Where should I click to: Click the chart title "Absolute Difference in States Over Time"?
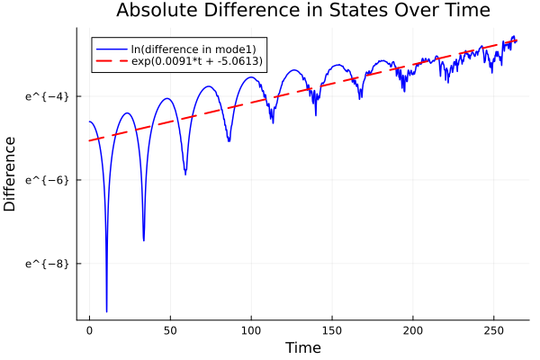pos(302,12)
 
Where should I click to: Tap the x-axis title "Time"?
pos(302,347)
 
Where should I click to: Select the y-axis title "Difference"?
pos(10,174)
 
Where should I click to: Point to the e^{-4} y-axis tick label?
pos(45,96)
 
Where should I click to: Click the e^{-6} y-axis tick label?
pos(45,180)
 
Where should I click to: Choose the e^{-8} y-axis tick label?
pos(45,264)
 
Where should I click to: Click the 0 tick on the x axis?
pos(89,330)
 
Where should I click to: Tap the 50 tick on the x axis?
pos(170,330)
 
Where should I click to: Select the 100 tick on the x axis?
pos(251,330)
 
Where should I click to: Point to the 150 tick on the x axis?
pos(332,330)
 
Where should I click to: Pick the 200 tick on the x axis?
pos(413,330)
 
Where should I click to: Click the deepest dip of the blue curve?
pos(106,310)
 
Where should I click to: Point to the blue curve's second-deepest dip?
pos(143,240)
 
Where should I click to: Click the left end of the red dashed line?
pos(89,140)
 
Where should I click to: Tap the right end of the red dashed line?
pos(517,40)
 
